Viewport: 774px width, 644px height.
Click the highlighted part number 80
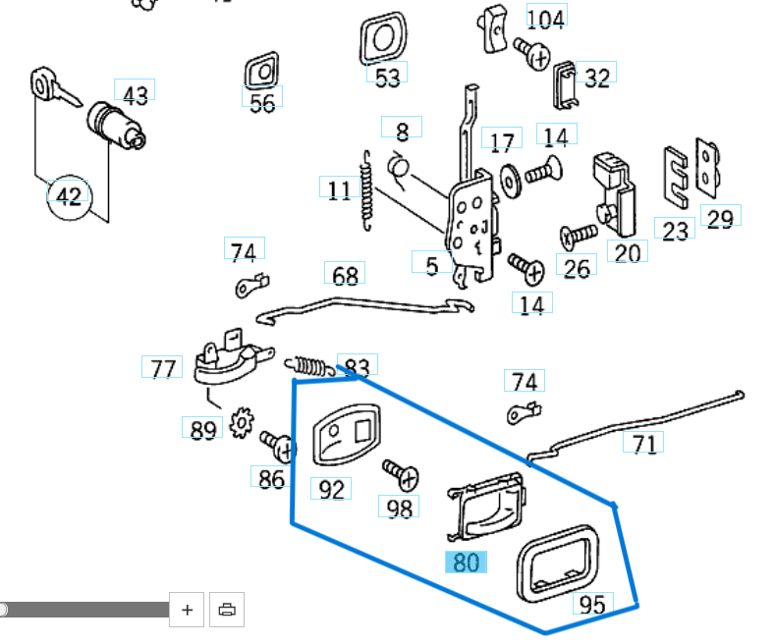(467, 563)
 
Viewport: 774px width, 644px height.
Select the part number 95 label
(592, 604)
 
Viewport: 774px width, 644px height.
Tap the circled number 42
(68, 196)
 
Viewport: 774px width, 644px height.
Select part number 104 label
(546, 18)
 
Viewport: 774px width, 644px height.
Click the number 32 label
(596, 78)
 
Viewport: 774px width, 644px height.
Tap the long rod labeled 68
(363, 308)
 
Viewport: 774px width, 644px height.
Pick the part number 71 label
(643, 444)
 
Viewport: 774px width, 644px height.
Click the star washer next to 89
(241, 425)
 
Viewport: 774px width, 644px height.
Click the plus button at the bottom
(187, 610)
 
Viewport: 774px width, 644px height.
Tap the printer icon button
(227, 610)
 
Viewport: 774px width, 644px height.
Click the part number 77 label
(162, 368)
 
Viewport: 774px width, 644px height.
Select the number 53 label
(388, 77)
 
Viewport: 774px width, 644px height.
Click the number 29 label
(720, 218)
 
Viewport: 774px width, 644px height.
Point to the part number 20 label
(627, 252)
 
